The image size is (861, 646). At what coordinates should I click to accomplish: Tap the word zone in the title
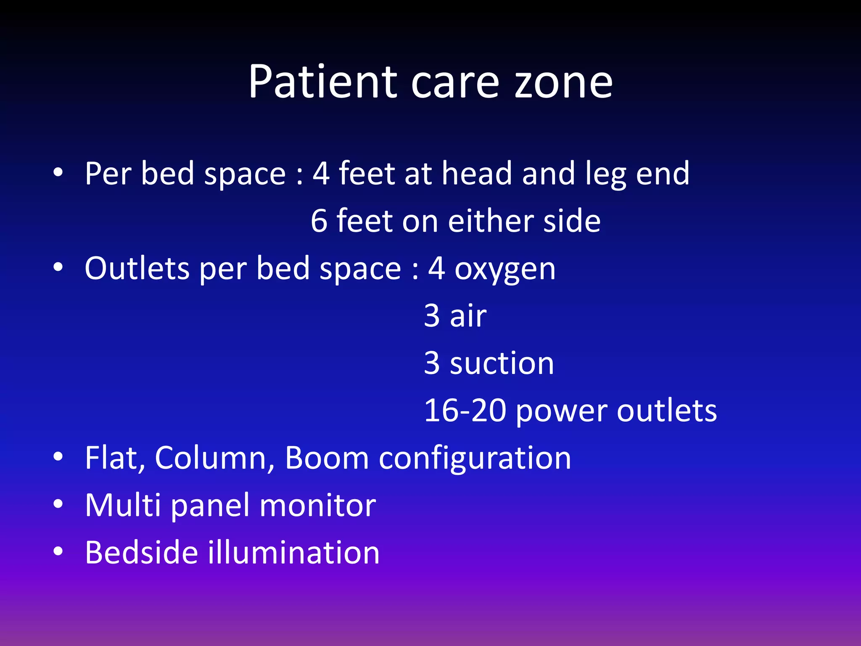pyautogui.click(x=564, y=83)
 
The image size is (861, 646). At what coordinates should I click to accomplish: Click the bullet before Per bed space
pyautogui.click(x=58, y=172)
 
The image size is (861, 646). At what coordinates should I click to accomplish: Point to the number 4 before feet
pyautogui.click(x=321, y=173)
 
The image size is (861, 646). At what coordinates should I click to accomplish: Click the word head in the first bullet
pyautogui.click(x=477, y=173)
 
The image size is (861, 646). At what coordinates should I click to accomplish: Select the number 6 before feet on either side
pyautogui.click(x=319, y=221)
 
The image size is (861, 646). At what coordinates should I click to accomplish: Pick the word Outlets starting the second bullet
pyautogui.click(x=137, y=268)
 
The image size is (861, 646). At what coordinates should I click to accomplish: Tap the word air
pyautogui.click(x=468, y=315)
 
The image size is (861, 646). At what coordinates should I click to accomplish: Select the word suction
pyautogui.click(x=502, y=363)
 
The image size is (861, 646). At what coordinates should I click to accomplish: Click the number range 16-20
pyautogui.click(x=465, y=410)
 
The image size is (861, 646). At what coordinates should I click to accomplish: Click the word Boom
pyautogui.click(x=327, y=458)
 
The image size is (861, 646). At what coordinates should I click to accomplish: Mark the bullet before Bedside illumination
pyautogui.click(x=58, y=551)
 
